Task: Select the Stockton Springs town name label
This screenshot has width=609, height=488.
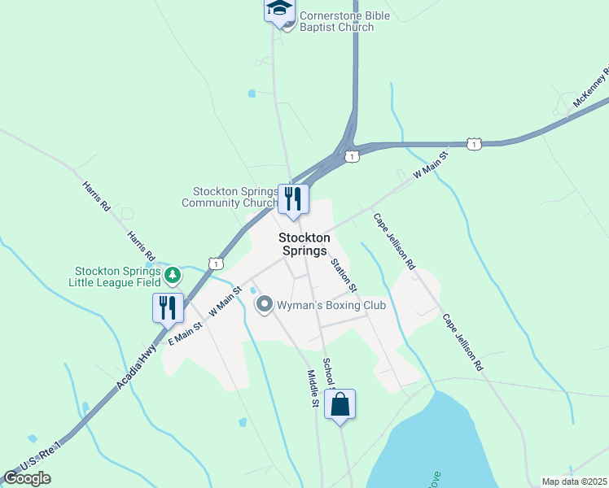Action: pyautogui.click(x=305, y=244)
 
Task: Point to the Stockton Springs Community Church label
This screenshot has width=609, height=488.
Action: pyautogui.click(x=230, y=197)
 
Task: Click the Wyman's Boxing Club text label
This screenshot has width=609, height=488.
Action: pyautogui.click(x=331, y=306)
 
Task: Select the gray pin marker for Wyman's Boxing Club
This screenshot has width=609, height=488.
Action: pyautogui.click(x=264, y=305)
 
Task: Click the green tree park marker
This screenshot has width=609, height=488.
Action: pyautogui.click(x=172, y=275)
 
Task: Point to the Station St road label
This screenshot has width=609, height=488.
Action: pyautogui.click(x=344, y=275)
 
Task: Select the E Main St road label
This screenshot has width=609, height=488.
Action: pyautogui.click(x=184, y=333)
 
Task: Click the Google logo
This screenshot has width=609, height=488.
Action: pyautogui.click(x=27, y=478)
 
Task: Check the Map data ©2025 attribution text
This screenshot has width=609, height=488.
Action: pyautogui.click(x=574, y=481)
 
